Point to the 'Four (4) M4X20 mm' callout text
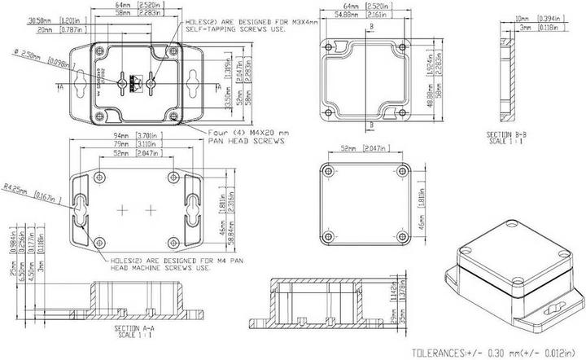247,133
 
